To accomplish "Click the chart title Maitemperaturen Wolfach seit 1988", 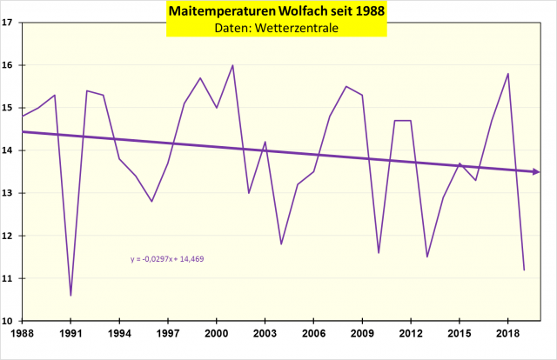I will [x=278, y=11].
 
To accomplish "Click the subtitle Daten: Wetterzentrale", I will [x=278, y=29].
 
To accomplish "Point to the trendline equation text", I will [x=168, y=258].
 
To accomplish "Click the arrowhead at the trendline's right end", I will [x=536, y=171].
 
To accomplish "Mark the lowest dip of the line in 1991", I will [x=70, y=296].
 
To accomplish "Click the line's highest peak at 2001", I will [x=232, y=65].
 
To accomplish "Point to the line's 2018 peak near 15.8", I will [x=507, y=74].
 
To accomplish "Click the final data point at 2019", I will [x=524, y=270].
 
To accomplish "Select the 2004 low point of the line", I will [x=281, y=244].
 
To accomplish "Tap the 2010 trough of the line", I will [x=379, y=253].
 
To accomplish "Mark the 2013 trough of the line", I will [x=427, y=257].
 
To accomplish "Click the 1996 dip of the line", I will [x=151, y=202].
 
